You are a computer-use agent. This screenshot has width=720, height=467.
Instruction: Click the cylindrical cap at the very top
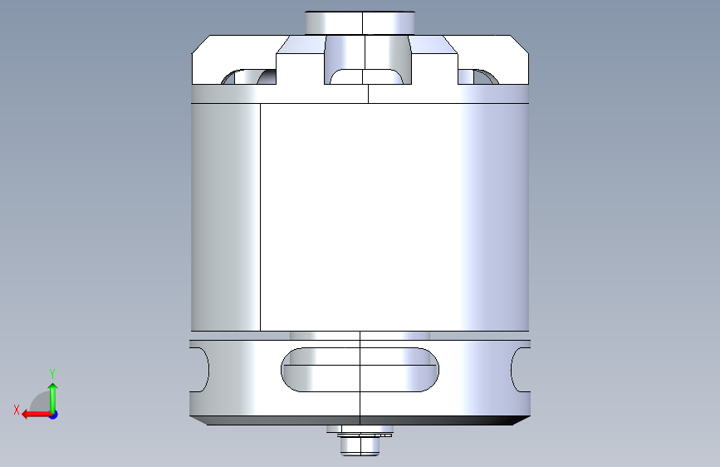[360, 22]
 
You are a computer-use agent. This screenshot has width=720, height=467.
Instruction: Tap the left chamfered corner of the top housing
[201, 45]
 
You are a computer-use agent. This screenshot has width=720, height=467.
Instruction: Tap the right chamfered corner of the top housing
[519, 45]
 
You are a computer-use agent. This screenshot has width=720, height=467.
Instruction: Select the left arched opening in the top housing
[248, 76]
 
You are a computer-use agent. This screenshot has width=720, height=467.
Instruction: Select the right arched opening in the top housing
[478, 76]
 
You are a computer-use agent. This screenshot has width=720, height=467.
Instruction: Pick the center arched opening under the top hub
[366, 76]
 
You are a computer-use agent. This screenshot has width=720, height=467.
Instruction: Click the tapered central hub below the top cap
[367, 59]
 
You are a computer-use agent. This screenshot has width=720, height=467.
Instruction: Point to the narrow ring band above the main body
[360, 94]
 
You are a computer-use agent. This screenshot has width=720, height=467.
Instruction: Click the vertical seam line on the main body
[261, 217]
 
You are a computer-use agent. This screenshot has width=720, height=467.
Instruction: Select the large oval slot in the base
[360, 370]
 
